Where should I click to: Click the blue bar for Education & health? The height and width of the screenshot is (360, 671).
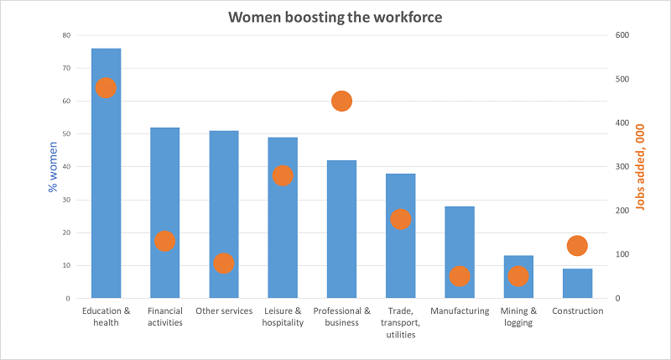click(x=106, y=193)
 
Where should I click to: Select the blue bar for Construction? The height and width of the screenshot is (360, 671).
click(x=577, y=284)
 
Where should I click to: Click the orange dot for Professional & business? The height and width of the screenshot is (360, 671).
click(x=341, y=102)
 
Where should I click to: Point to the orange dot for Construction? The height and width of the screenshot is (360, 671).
click(x=577, y=246)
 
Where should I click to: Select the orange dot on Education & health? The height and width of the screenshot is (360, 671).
click(x=106, y=88)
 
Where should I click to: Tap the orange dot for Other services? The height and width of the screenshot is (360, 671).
click(x=223, y=263)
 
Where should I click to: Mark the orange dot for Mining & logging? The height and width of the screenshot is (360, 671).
click(x=518, y=276)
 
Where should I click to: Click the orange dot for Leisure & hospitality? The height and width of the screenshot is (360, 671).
click(x=283, y=175)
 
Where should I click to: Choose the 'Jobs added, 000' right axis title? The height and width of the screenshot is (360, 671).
click(x=640, y=167)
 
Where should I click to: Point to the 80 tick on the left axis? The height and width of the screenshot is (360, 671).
click(x=66, y=35)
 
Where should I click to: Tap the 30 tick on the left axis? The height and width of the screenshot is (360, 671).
click(x=66, y=200)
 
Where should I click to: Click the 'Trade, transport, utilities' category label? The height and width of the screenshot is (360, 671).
click(x=400, y=322)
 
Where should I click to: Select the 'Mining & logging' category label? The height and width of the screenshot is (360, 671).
click(x=518, y=316)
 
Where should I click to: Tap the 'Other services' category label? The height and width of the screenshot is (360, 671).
click(x=223, y=310)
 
